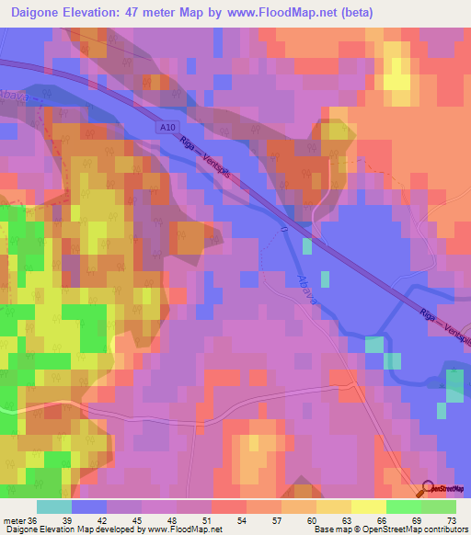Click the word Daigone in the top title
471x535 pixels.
pyautogui.click(x=45, y=13)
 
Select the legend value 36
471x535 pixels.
pyautogui.click(x=33, y=521)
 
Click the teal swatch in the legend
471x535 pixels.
pyautogui.click(x=54, y=507)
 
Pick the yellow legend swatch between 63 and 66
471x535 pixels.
pyautogui.click(x=368, y=507)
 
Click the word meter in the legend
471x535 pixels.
pyautogui.click(x=14, y=521)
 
